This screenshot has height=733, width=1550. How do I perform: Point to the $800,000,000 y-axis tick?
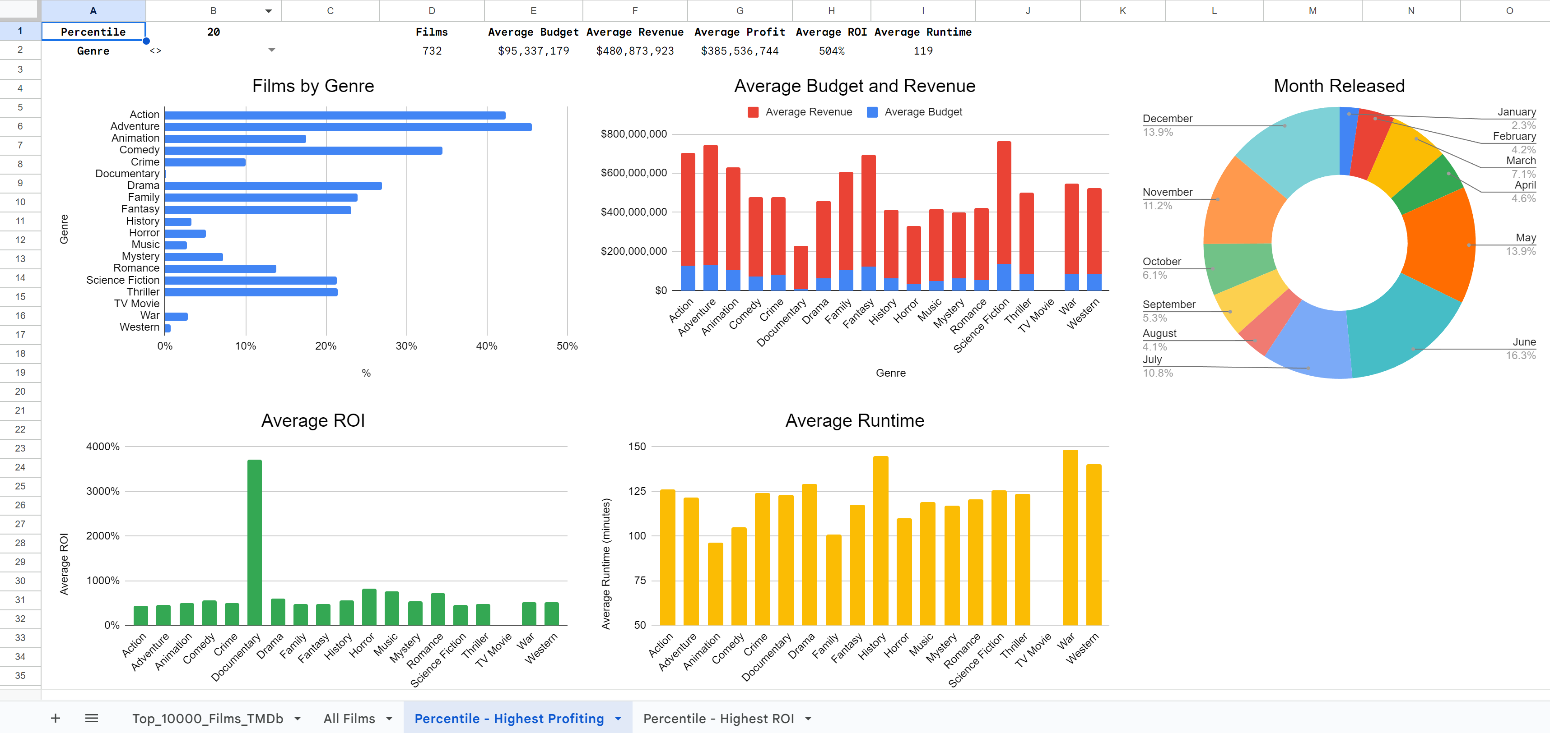click(633, 134)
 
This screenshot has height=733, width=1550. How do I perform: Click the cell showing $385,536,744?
click(740, 51)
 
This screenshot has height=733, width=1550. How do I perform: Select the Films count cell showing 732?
click(432, 51)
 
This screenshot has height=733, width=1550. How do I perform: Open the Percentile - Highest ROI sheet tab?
click(718, 719)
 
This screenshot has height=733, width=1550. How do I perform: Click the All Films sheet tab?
click(349, 719)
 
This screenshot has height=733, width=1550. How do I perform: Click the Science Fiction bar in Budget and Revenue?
click(1004, 204)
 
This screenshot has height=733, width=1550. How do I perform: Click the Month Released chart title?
click(1339, 86)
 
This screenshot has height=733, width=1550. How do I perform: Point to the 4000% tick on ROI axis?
click(103, 447)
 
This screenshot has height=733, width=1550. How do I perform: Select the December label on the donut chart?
click(1167, 119)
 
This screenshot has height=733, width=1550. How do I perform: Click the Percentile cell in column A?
click(93, 32)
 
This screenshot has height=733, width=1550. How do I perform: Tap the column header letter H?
click(831, 11)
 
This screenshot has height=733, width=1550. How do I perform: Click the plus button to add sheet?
click(56, 719)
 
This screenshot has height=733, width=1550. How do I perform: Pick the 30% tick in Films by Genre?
click(406, 346)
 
